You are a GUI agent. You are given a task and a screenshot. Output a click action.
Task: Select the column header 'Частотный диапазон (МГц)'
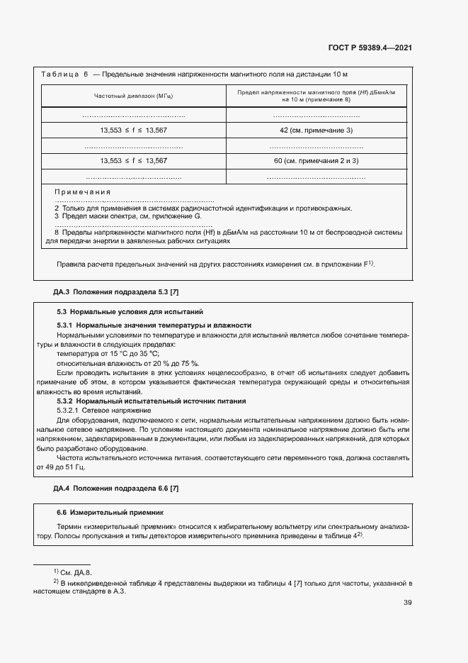pos(134,96)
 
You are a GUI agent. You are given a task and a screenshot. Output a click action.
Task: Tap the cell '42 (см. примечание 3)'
pos(316,130)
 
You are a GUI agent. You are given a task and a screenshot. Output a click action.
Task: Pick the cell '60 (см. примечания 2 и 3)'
pos(316,161)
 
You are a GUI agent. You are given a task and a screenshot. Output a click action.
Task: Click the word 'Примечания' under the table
pos(83,192)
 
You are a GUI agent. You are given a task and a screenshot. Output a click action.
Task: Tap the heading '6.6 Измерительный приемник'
pos(110,512)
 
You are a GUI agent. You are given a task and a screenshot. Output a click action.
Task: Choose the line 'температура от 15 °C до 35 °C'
pos(108,353)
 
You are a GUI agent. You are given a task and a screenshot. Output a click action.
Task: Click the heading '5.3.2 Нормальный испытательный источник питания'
pos(151,401)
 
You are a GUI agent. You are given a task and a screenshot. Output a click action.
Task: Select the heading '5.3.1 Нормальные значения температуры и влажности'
pos(154,325)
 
